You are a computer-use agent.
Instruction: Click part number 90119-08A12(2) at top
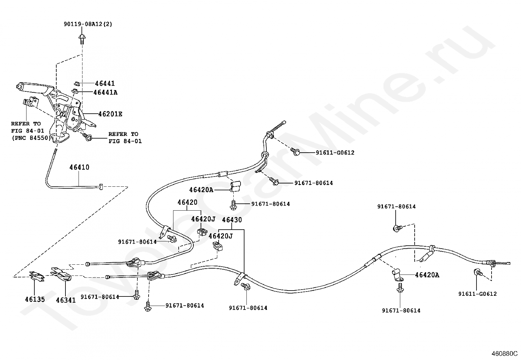coord(87,24)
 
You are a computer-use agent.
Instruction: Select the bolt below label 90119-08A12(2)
coord(81,39)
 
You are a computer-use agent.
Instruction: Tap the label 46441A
coord(105,92)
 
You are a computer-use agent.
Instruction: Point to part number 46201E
coord(110,114)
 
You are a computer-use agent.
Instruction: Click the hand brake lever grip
coord(31,87)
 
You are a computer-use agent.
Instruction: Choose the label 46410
coord(79,167)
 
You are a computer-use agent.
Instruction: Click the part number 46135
coord(35,299)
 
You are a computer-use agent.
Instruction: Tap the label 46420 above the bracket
coord(188,202)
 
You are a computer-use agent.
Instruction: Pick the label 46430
coord(232,219)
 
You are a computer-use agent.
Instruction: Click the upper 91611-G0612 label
coord(335,153)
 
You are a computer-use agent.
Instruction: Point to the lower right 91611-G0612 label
coord(477,294)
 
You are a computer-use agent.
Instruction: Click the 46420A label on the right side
coord(427,275)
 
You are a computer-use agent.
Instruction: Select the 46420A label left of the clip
coord(201,190)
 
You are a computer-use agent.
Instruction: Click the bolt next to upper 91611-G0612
coord(296,151)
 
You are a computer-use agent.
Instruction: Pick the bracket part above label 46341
coord(61,274)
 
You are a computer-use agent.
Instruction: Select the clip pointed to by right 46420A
coord(397,274)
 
